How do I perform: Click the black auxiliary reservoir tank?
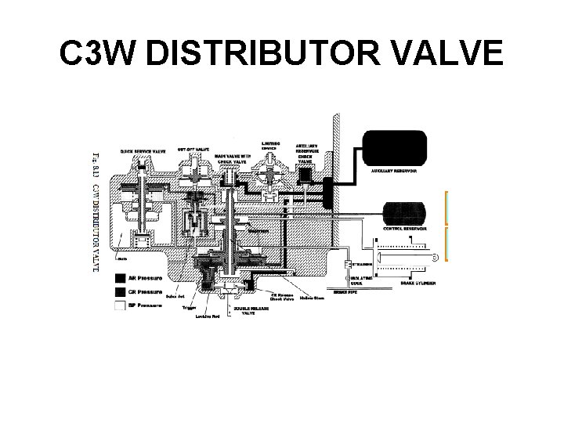pyautogui.click(x=393, y=145)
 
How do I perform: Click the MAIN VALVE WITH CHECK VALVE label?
pyautogui.click(x=236, y=159)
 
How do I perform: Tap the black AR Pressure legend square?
pyautogui.click(x=119, y=278)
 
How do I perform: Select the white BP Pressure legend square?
pyautogui.click(x=119, y=305)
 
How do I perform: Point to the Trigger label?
pyautogui.click(x=189, y=307)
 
